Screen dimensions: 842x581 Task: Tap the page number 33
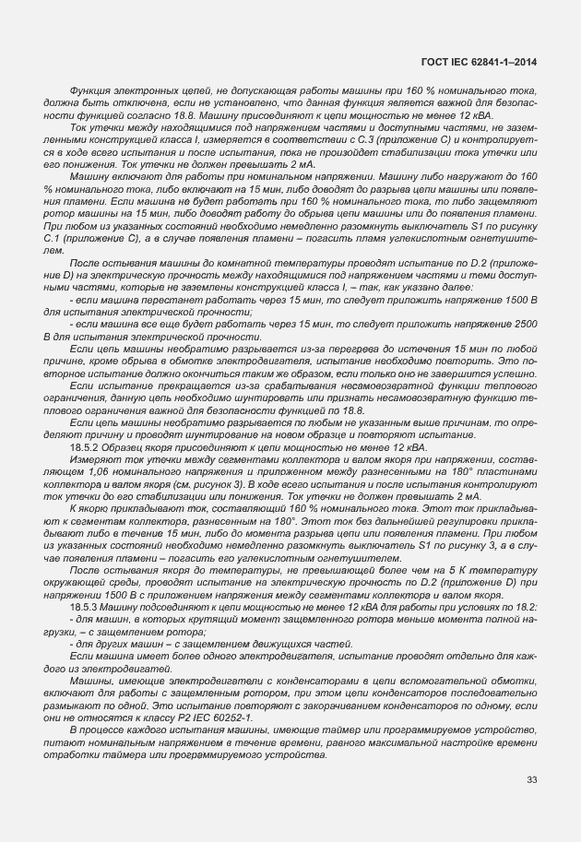coord(531,780)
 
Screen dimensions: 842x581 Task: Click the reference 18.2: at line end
coord(523,606)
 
